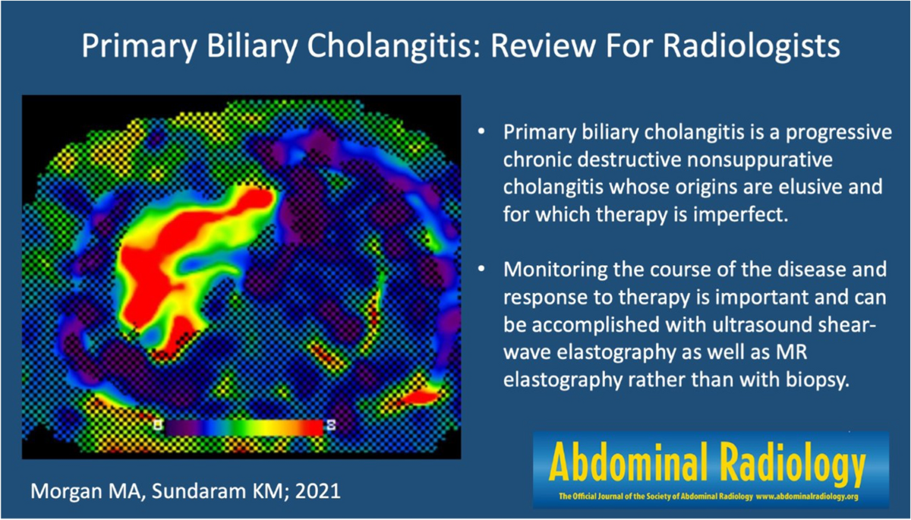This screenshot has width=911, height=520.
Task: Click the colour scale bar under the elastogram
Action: click(x=244, y=427)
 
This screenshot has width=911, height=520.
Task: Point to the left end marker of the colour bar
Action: click(x=158, y=425)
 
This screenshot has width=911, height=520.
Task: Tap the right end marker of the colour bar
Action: click(x=332, y=425)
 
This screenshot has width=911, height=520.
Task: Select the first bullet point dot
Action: click(x=481, y=132)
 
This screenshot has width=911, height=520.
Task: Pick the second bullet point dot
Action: click(x=481, y=269)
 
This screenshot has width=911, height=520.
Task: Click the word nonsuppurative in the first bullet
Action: click(x=759, y=159)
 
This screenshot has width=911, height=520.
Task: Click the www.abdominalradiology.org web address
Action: click(x=807, y=496)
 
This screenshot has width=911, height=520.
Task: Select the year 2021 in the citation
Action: click(x=317, y=491)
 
